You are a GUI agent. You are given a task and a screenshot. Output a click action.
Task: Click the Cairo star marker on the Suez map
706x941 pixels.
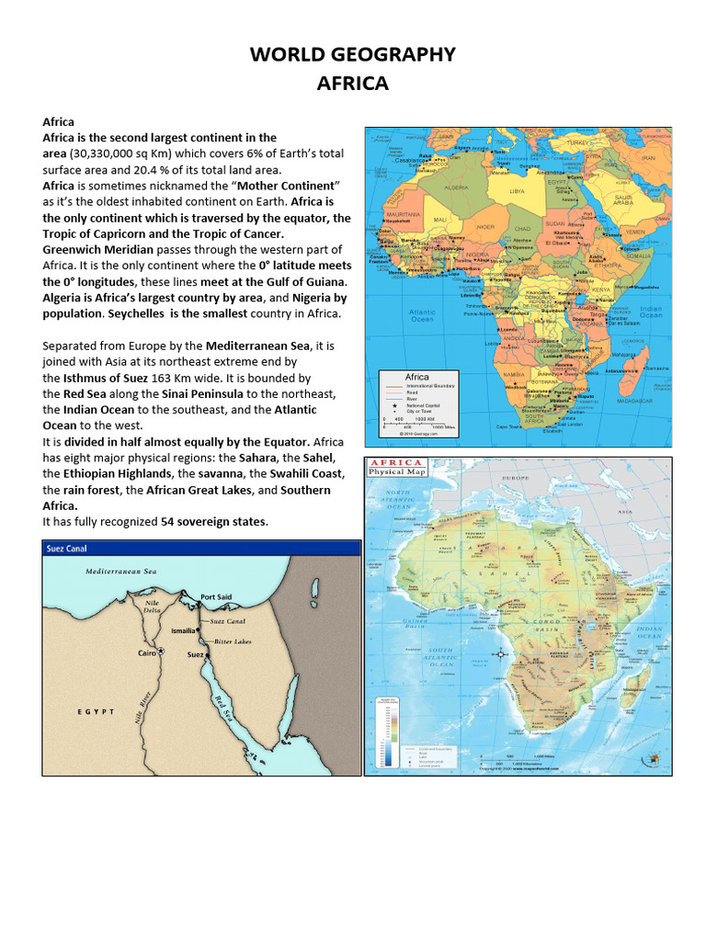(160, 652)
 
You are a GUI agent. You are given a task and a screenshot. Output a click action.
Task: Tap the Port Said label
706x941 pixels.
(216, 597)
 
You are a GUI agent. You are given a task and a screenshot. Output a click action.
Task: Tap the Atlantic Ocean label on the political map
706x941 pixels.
(422, 315)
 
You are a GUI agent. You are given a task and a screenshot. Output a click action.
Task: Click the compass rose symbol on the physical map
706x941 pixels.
(500, 653)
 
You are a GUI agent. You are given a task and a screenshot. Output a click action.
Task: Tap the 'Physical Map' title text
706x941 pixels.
(396, 472)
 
